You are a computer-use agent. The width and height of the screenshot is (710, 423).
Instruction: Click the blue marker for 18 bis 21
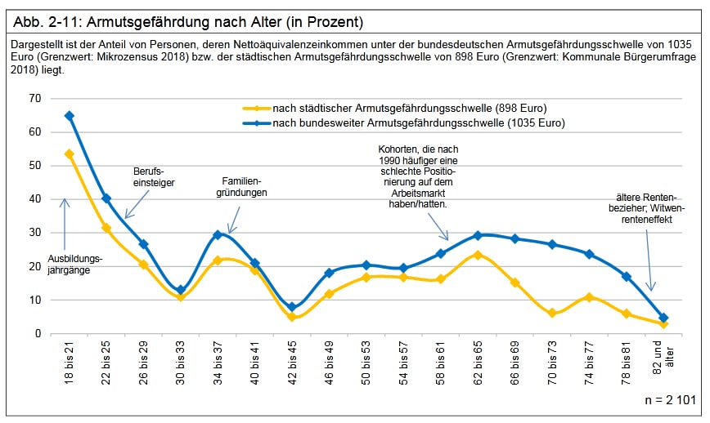[x=70, y=116]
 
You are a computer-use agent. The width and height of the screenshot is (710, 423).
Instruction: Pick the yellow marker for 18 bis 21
[x=70, y=154]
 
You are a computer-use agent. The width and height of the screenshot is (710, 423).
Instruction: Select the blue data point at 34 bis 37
[x=218, y=234]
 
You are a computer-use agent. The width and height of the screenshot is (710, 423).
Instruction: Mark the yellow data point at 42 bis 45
[x=292, y=317]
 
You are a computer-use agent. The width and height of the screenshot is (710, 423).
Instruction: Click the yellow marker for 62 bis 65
[x=478, y=255]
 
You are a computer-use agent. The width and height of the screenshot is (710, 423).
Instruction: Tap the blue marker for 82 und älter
[x=663, y=318]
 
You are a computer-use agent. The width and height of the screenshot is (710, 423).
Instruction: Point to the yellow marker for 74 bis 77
[x=589, y=297]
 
